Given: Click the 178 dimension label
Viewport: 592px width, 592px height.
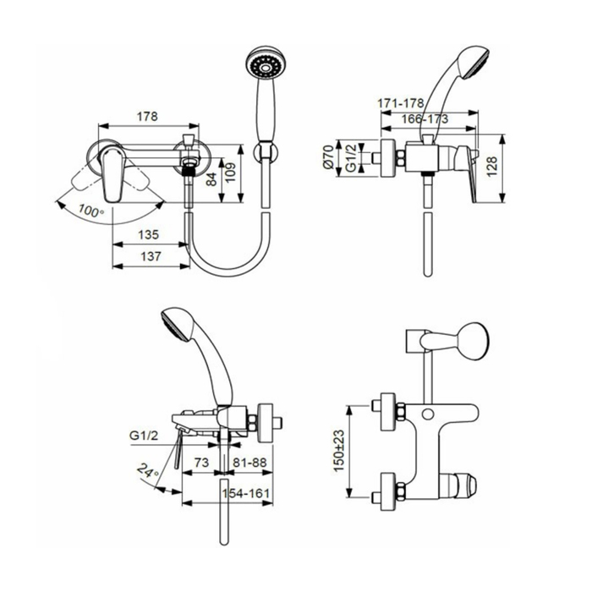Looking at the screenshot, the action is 147,117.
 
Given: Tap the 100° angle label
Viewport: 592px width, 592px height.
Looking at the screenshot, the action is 91,211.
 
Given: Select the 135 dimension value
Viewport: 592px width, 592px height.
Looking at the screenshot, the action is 148,235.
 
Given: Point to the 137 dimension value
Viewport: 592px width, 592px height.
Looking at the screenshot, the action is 151,256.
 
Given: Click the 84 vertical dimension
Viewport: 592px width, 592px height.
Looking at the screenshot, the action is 211,178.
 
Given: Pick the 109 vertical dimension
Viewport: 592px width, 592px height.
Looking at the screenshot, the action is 230,173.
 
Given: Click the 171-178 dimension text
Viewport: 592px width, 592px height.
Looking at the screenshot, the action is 401,102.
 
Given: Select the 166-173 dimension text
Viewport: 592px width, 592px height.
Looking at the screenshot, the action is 425,119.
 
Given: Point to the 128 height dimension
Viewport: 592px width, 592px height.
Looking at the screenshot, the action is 492,167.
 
